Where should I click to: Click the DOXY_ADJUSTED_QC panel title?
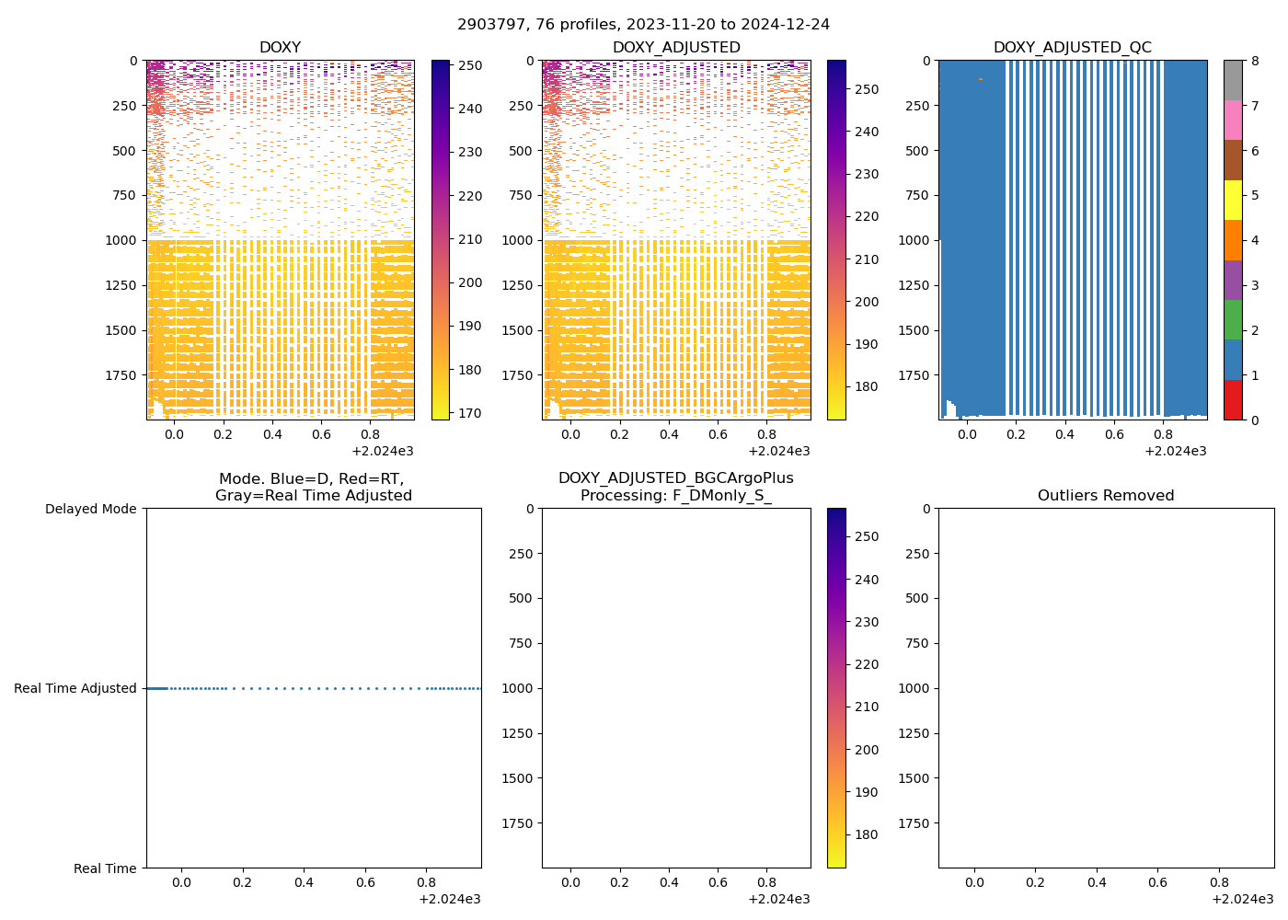click(x=1072, y=48)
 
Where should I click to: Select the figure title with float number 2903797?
click(x=643, y=25)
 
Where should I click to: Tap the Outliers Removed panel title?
click(x=1106, y=496)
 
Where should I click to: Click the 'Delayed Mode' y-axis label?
click(x=90, y=509)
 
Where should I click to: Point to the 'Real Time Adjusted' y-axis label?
click(x=75, y=688)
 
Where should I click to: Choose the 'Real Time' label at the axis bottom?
click(x=105, y=868)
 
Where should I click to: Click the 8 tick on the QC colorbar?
click(x=1254, y=61)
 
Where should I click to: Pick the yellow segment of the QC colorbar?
click(x=1233, y=200)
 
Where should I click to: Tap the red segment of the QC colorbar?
click(x=1233, y=399)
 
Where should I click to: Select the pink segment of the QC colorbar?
click(x=1233, y=120)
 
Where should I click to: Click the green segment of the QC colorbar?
click(x=1233, y=319)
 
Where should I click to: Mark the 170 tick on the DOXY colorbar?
click(x=470, y=413)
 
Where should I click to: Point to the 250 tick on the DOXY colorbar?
click(x=470, y=65)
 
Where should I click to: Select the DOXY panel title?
click(x=280, y=48)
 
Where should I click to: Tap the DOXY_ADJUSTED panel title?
click(x=676, y=48)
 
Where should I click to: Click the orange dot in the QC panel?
click(x=980, y=79)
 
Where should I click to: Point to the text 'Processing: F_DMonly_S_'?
click(x=676, y=496)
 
